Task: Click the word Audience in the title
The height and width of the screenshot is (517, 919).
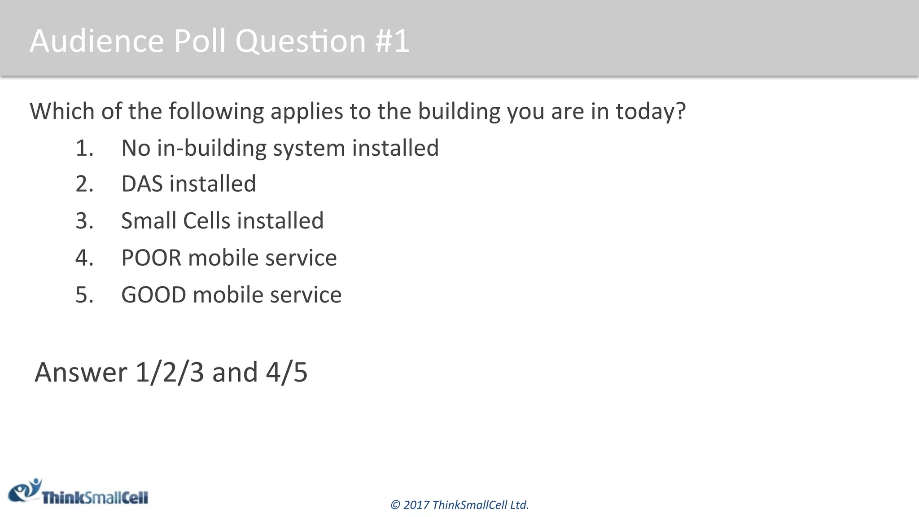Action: click(97, 41)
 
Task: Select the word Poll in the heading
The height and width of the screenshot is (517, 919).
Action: click(200, 41)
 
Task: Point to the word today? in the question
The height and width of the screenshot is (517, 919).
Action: click(651, 111)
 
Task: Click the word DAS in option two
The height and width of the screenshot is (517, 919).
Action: click(142, 184)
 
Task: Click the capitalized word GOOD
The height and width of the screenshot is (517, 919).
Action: click(153, 295)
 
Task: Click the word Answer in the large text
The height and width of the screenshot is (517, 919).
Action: click(81, 372)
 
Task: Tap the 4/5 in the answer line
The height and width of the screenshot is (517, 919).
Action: click(287, 372)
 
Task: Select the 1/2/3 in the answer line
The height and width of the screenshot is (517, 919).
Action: click(170, 372)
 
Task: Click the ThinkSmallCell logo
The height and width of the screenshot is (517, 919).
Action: click(79, 493)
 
